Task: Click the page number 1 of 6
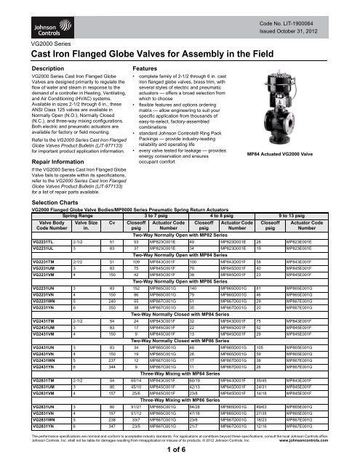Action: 180,450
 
